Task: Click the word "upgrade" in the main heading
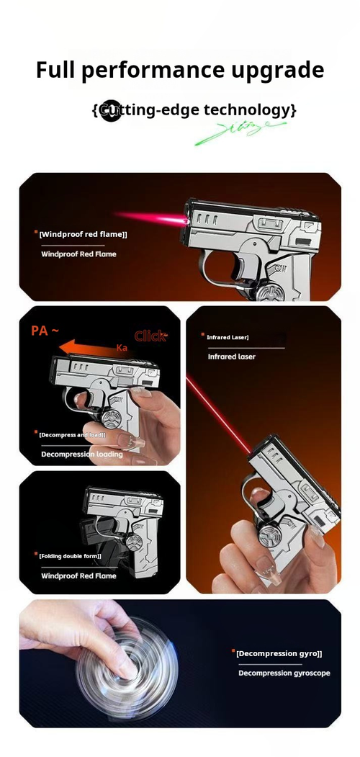click(x=277, y=71)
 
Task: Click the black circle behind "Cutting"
click(x=110, y=110)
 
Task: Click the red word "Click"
click(x=150, y=336)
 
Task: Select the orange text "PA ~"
click(x=45, y=331)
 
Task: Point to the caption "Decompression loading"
click(x=81, y=454)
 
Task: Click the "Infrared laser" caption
click(x=232, y=357)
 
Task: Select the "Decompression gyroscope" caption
click(x=284, y=673)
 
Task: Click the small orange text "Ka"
click(x=122, y=348)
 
